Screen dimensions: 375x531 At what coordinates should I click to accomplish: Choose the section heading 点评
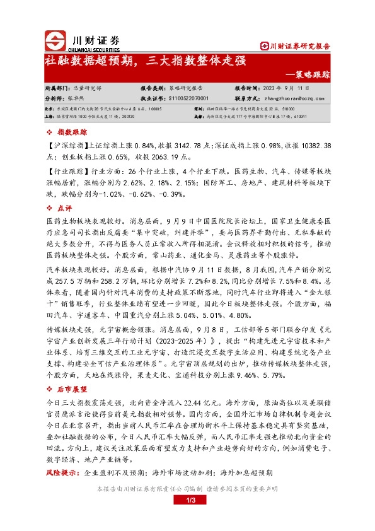tap(66, 207)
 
